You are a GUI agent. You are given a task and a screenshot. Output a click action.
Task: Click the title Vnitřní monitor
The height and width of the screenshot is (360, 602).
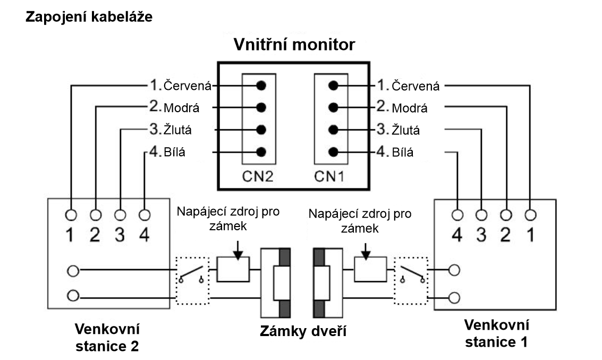(x=294, y=45)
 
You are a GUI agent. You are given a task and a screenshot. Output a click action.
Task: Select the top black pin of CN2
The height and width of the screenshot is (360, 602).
(x=261, y=85)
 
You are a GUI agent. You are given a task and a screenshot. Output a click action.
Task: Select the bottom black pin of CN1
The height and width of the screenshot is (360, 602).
(x=333, y=152)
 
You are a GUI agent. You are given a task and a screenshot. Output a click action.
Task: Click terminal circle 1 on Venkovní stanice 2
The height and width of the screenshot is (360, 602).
(x=71, y=215)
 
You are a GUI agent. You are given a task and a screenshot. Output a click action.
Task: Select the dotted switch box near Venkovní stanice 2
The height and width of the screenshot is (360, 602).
(x=192, y=281)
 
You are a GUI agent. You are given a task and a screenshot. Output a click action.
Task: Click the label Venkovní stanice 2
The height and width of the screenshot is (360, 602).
(x=107, y=337)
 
